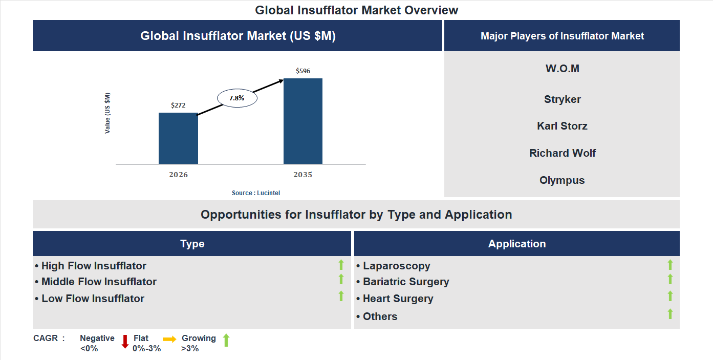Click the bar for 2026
(178, 138)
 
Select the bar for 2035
(303, 121)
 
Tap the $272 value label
(178, 105)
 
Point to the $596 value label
(303, 71)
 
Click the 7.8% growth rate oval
(237, 98)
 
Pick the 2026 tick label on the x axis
(178, 175)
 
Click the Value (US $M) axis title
(107, 113)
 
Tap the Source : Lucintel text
(256, 193)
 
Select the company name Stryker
(562, 99)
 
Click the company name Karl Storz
(562, 126)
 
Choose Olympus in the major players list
(562, 180)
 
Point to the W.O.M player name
(562, 69)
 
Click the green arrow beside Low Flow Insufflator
(341, 296)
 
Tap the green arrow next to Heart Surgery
(670, 296)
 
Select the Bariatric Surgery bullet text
(405, 282)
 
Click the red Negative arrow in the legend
(125, 342)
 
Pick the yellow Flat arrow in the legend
(169, 339)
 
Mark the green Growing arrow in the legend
(226, 340)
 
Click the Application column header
(517, 244)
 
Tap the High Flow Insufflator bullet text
(93, 266)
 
